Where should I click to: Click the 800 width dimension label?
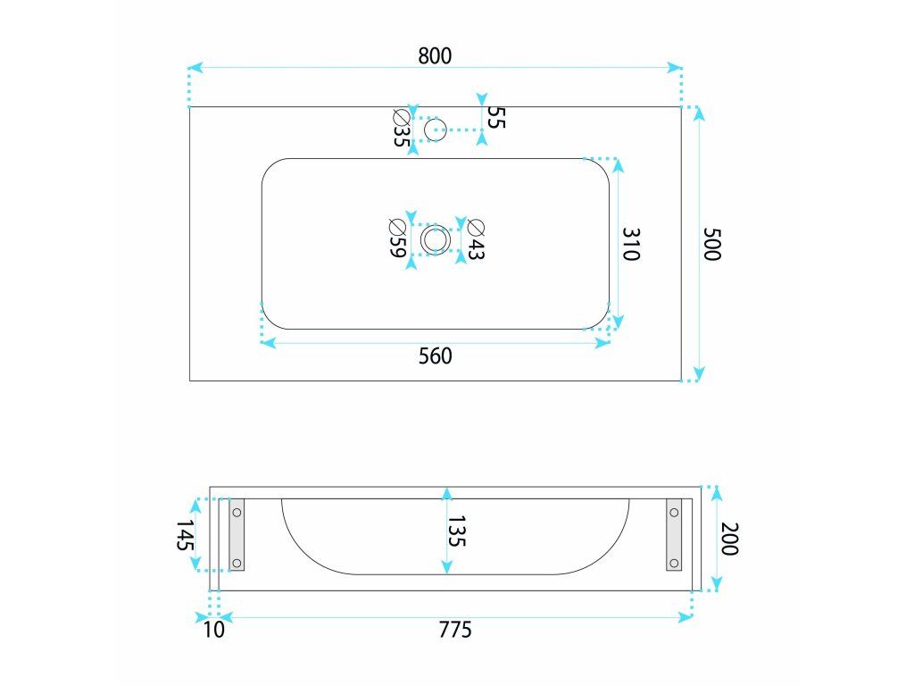pos(435,55)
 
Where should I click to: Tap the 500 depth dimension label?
pos(712,244)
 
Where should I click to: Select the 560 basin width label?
pos(436,356)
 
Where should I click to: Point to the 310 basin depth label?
pos(631,244)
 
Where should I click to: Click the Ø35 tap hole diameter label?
pos(401,128)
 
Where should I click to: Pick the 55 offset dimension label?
pos(496,117)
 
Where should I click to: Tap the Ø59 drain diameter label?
pos(397,238)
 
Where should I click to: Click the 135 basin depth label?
pos(457,531)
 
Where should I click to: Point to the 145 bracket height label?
pos(186,535)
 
